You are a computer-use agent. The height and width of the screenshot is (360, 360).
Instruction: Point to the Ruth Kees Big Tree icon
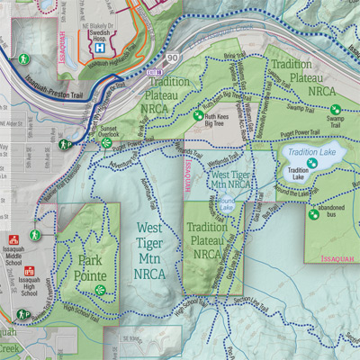coord(197,115)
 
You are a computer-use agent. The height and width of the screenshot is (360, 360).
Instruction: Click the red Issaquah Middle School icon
coord(13,240)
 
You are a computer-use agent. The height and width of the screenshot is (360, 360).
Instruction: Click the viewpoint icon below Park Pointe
coord(102,290)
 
